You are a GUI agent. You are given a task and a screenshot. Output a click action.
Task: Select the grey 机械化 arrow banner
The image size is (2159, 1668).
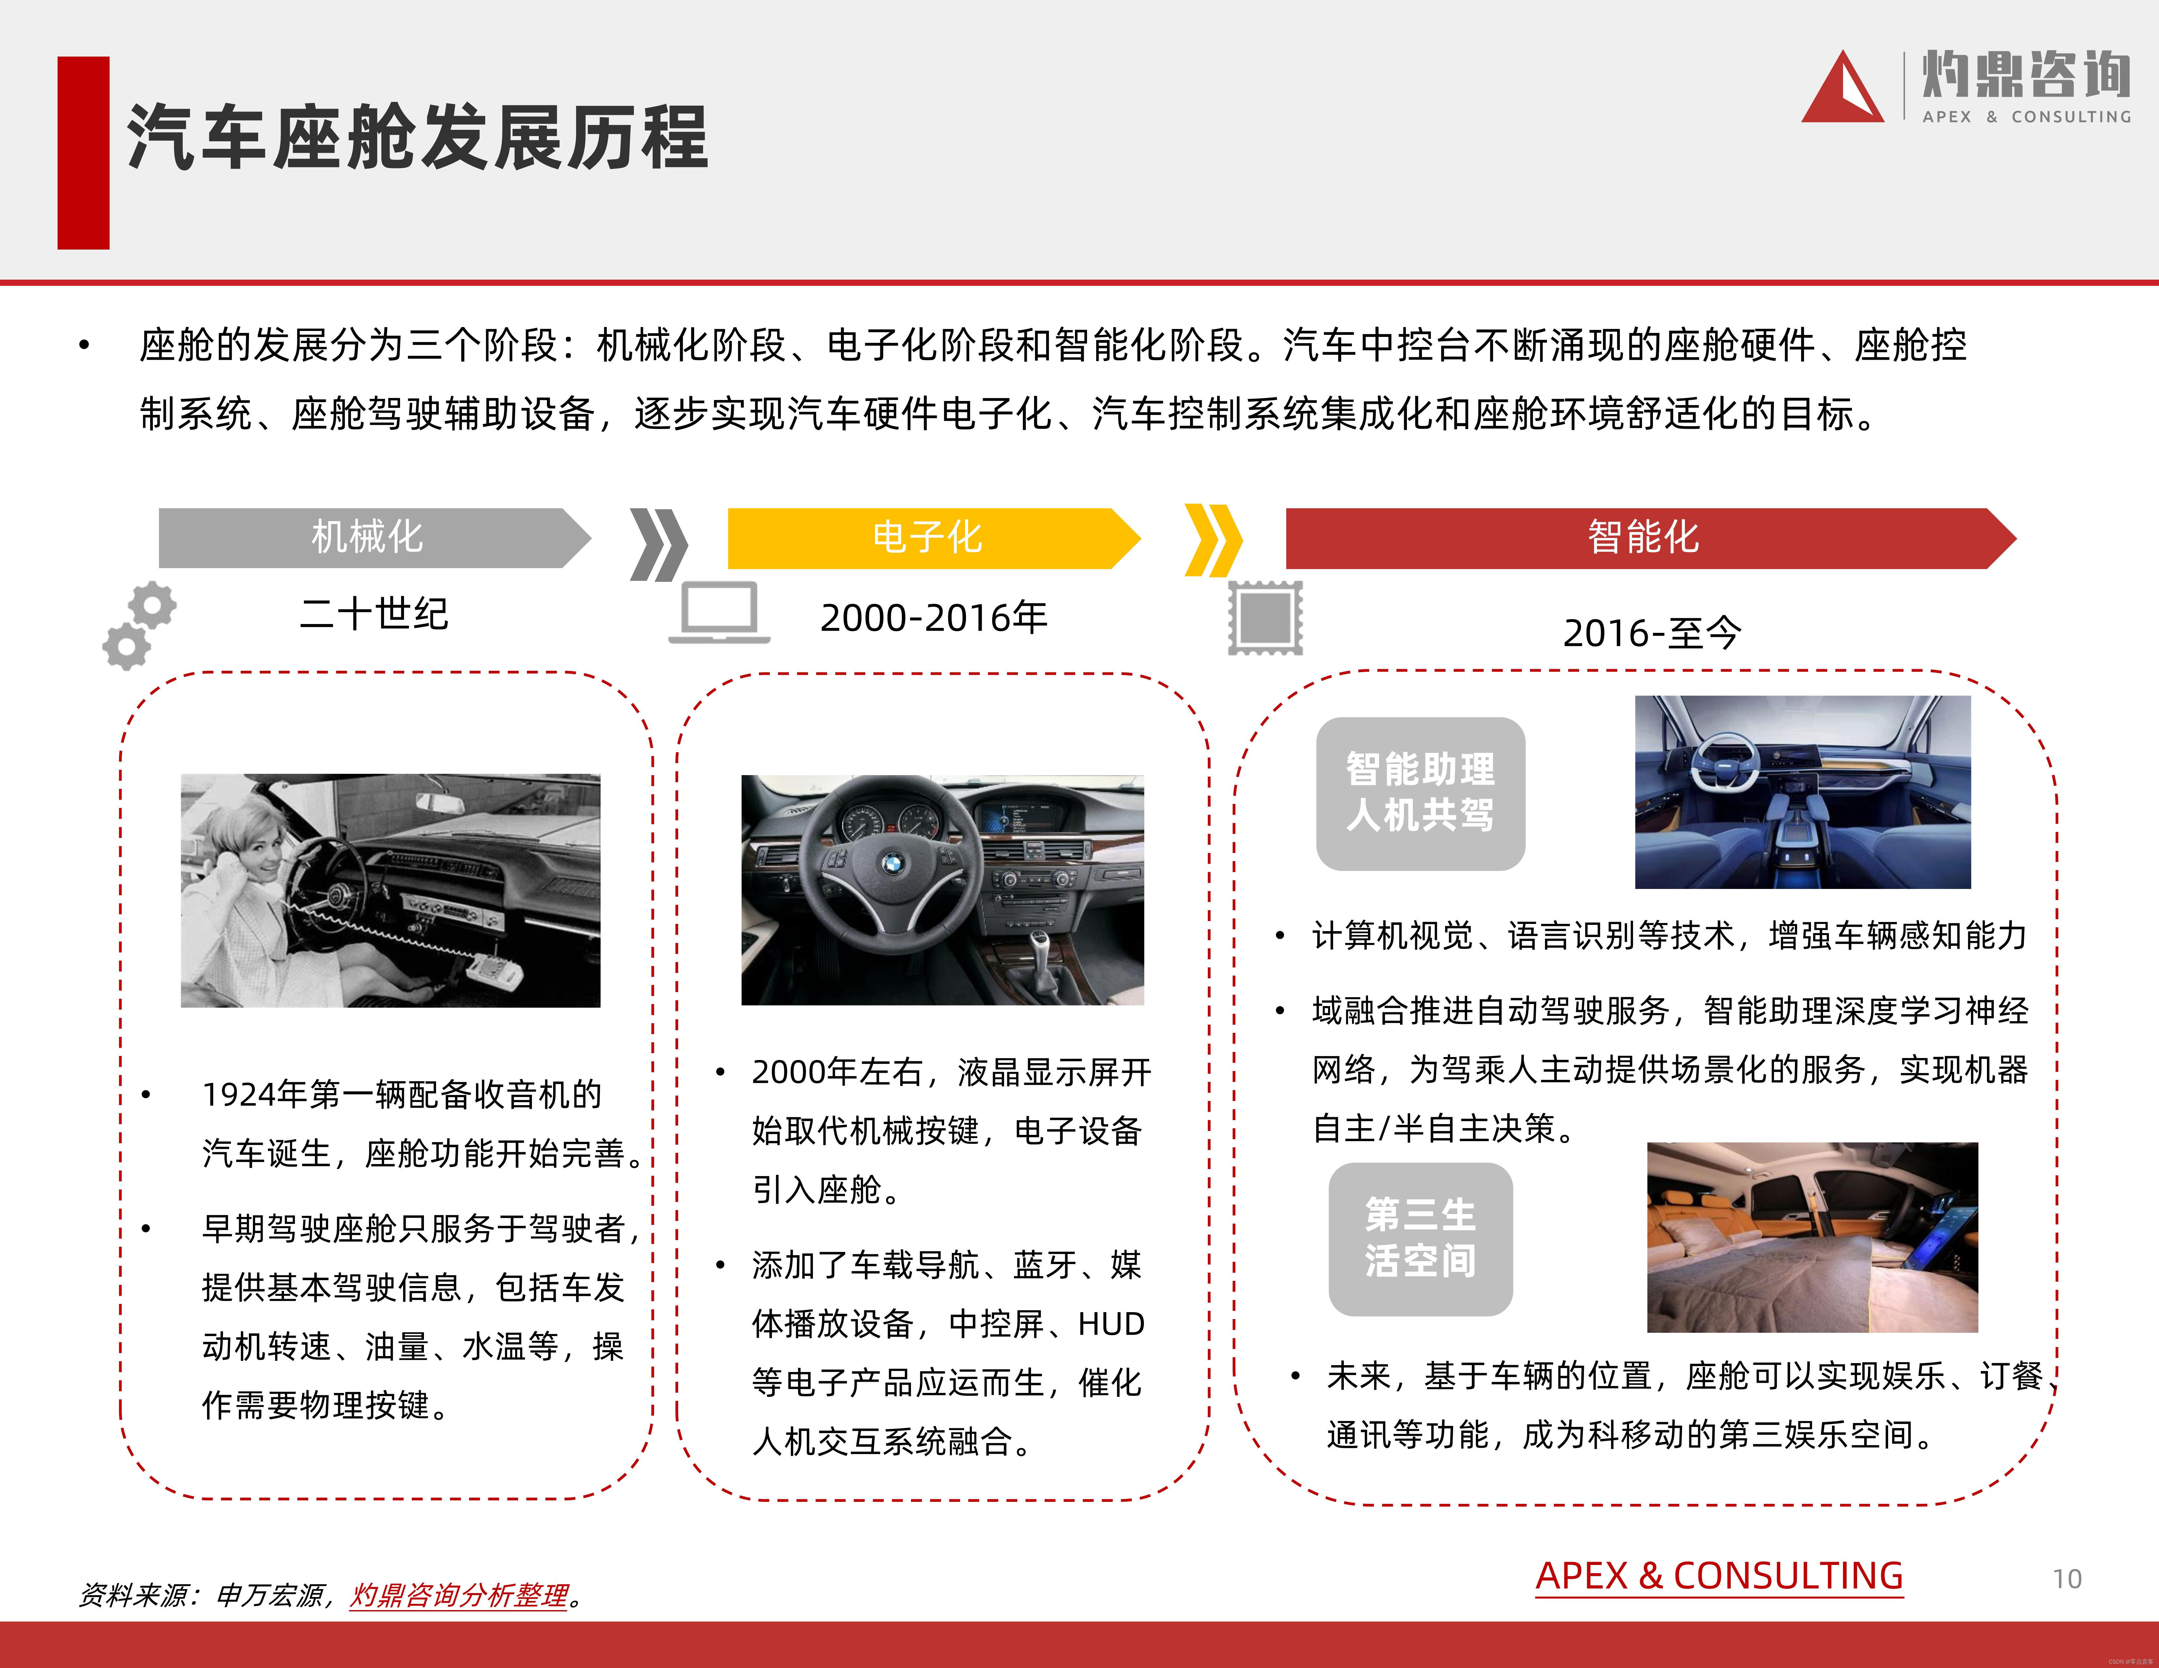point(368,538)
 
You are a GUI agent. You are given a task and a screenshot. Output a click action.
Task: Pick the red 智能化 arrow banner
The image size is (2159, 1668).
point(1643,538)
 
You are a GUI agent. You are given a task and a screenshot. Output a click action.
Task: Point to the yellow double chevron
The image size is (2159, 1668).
point(1213,540)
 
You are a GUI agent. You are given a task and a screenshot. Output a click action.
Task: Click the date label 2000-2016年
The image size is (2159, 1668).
point(933,617)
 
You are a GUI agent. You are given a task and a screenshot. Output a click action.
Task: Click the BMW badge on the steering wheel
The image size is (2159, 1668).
point(893,864)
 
